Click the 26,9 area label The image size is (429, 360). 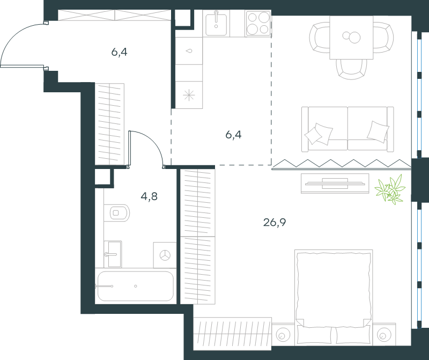(x=275, y=222)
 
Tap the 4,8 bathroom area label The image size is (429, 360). (x=149, y=196)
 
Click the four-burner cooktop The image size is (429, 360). (x=258, y=23)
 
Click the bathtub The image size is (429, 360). (x=136, y=286)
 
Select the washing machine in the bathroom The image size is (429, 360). (x=165, y=255)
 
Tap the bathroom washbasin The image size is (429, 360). (x=113, y=254)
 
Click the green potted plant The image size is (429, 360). (x=390, y=189)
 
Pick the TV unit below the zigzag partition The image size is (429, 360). (x=335, y=183)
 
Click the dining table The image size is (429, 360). (x=351, y=38)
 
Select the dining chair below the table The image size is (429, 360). (x=351, y=69)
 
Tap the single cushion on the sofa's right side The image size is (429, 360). (x=378, y=131)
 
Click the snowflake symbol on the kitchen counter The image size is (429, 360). (x=189, y=95)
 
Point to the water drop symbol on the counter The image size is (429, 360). (x=189, y=51)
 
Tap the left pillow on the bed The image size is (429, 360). (x=314, y=335)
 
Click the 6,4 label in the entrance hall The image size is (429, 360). (x=119, y=52)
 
